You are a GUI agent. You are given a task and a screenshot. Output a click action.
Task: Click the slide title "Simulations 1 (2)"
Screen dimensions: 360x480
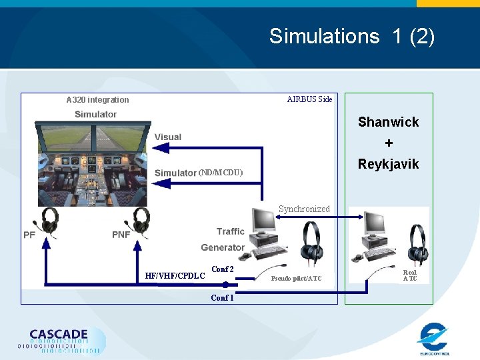pyautogui.click(x=351, y=36)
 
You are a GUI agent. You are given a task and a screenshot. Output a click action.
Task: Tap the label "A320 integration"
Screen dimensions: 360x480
pyautogui.click(x=97, y=100)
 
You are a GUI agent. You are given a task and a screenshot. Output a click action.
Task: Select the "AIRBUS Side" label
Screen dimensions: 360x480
pyautogui.click(x=309, y=99)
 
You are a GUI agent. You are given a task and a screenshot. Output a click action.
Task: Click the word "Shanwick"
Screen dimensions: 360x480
pyautogui.click(x=388, y=122)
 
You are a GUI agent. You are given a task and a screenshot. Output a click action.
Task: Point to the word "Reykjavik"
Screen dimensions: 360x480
pyautogui.click(x=388, y=164)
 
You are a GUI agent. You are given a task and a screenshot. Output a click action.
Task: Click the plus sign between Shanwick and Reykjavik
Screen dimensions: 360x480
pyautogui.click(x=389, y=143)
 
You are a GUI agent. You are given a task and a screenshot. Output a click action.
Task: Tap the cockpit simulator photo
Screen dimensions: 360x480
pyautogui.click(x=93, y=160)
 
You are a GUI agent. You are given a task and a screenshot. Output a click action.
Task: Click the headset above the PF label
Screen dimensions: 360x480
pyautogui.click(x=49, y=221)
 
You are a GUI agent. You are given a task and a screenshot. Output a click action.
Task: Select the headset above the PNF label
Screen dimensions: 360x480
pyautogui.click(x=141, y=221)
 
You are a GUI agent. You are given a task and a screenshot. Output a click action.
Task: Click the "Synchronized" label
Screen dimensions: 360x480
pyautogui.click(x=304, y=209)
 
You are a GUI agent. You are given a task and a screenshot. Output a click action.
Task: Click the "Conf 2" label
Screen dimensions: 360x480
pyautogui.click(x=222, y=269)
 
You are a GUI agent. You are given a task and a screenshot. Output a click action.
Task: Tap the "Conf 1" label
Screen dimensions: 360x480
pyautogui.click(x=222, y=298)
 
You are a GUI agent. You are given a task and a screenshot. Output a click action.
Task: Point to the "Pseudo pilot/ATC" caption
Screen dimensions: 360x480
pyautogui.click(x=295, y=278)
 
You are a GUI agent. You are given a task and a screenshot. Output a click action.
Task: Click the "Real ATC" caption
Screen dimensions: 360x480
pyautogui.click(x=410, y=275)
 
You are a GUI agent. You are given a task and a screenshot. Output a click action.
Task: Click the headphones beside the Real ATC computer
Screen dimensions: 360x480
pyautogui.click(x=417, y=244)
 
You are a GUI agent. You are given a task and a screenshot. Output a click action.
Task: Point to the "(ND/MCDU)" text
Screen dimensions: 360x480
pyautogui.click(x=221, y=173)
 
